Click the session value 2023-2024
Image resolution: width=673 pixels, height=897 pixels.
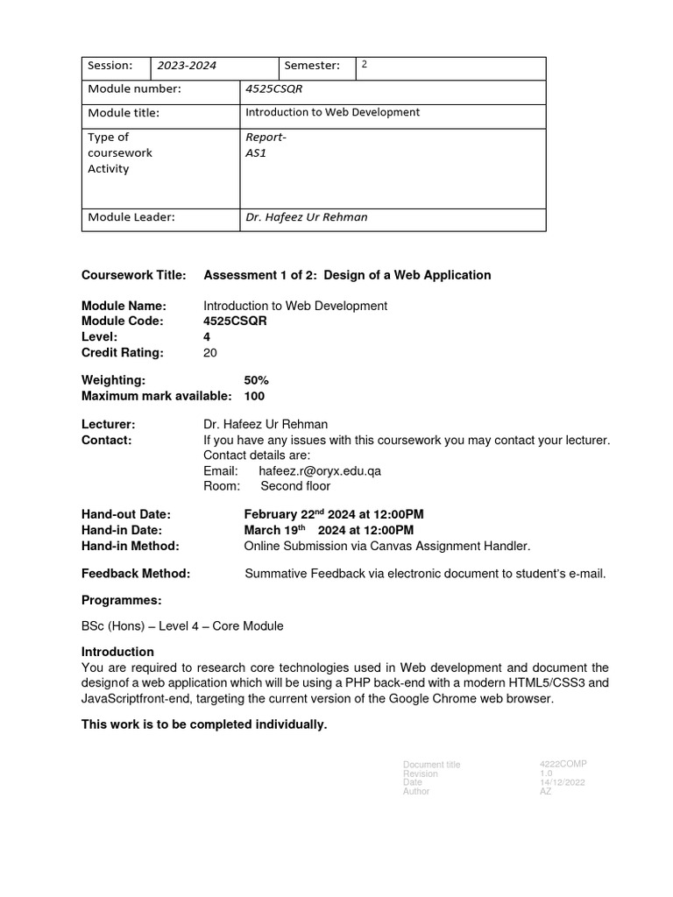pos(187,66)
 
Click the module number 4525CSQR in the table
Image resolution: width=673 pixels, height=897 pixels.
pos(273,89)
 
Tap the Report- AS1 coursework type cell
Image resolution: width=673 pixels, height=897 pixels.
pos(266,145)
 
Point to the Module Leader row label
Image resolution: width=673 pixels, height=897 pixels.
pos(131,217)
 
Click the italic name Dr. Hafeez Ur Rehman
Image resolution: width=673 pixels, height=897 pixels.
pos(307,217)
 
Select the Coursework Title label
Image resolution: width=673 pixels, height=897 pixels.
pos(134,275)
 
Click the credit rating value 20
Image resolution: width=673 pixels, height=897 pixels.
pos(210,353)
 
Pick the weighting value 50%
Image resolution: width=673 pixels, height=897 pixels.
pos(257,380)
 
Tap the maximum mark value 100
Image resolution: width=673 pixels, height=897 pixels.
pos(254,396)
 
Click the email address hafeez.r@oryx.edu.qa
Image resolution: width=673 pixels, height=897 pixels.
pos(320,470)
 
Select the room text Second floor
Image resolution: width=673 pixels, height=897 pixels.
pos(295,486)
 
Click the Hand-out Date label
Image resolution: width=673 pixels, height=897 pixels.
pos(126,514)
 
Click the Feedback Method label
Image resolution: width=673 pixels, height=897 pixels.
pos(136,574)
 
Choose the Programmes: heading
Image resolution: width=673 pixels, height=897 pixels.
pos(122,600)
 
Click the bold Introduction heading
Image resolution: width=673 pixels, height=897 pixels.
pos(117,652)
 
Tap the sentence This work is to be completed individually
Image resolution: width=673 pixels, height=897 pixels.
pos(204,724)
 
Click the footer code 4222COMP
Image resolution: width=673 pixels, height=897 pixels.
pos(563,764)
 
